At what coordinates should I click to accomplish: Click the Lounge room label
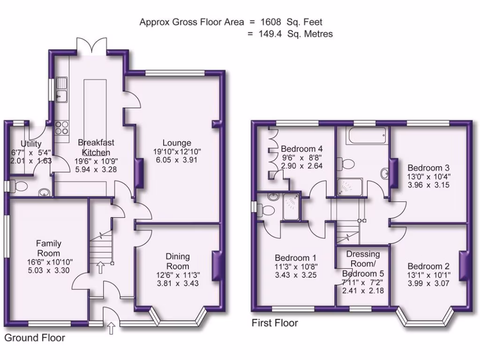point(177,143)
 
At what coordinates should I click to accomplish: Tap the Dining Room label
point(178,261)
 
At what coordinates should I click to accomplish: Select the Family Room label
point(49,248)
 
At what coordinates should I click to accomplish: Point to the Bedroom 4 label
point(301,149)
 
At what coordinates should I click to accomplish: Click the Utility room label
point(31,143)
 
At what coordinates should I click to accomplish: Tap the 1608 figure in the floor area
point(270,22)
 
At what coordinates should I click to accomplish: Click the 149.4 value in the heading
point(270,34)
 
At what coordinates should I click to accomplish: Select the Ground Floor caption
point(35,337)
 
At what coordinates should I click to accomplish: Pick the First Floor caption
point(275,322)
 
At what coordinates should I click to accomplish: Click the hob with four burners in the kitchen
point(61,127)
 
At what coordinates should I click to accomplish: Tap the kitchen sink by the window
point(61,89)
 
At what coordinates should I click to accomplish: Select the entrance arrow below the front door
point(112,328)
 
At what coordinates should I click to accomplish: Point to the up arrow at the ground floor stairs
point(100,267)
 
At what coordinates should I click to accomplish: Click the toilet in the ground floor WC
point(19,186)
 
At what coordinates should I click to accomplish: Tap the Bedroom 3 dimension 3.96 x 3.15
point(428,185)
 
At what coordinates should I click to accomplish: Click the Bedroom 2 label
point(428,266)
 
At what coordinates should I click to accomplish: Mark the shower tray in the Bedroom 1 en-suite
point(291,206)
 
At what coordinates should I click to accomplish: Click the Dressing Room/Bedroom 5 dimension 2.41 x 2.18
point(363,291)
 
